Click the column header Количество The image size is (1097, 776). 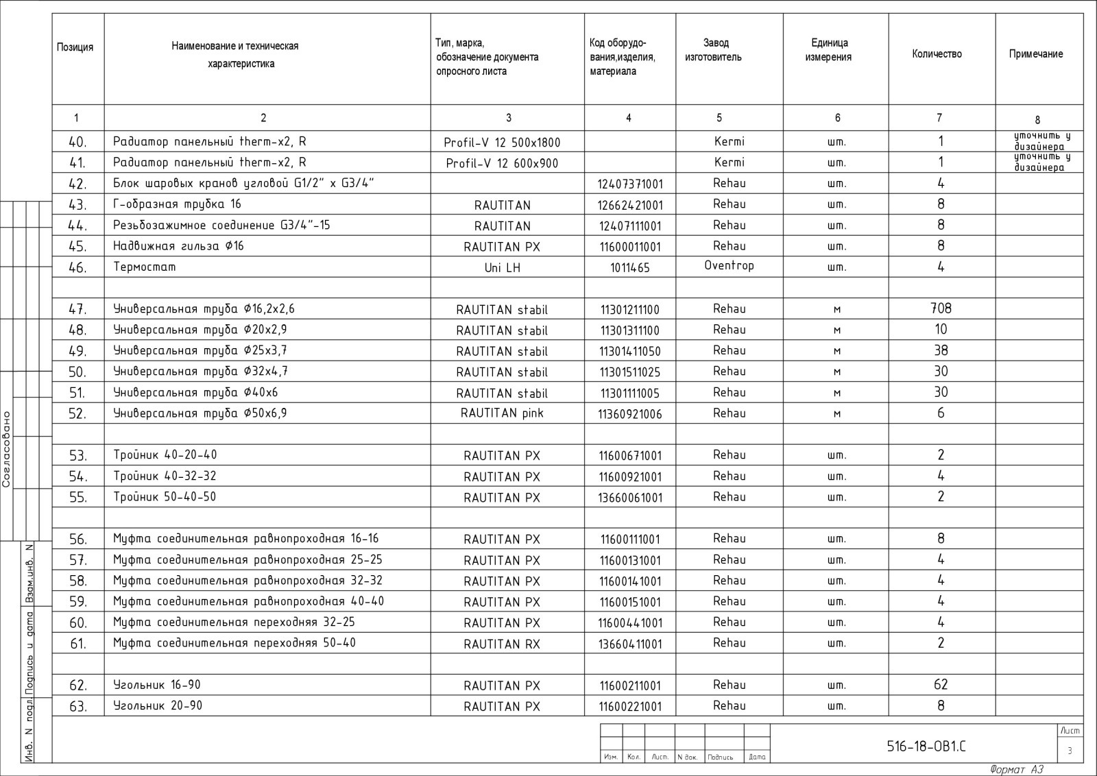coord(937,54)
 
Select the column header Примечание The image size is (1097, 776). coord(1035,54)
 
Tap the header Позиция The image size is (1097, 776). coord(75,47)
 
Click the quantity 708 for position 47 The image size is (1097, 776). coord(941,308)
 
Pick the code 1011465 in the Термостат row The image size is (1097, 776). coord(629,268)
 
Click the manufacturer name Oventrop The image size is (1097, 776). coord(729,265)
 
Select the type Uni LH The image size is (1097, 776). coord(502,268)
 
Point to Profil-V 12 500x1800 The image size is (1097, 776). coord(502,143)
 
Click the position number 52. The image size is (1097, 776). coord(77,413)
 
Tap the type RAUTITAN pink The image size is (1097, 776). coord(502,413)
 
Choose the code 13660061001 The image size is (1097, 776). coord(630,498)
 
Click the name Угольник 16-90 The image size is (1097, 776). coord(157,685)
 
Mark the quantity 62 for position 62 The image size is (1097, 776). coord(941,684)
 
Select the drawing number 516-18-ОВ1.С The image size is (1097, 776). coord(926,747)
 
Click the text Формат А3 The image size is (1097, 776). coord(1017,769)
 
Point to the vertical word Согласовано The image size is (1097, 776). coord(7,448)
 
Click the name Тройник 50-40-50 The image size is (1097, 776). coord(165,496)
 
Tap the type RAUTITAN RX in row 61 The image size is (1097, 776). coord(502,644)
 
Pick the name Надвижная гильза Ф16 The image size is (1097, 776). coord(178,245)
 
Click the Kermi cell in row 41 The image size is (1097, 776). coord(729,162)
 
